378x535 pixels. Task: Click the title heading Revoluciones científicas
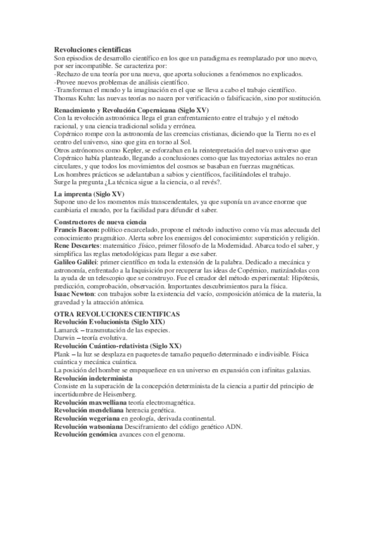pos(93,50)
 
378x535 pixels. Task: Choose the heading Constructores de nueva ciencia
pos(100,222)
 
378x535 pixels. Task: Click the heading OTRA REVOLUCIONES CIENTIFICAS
pos(117,314)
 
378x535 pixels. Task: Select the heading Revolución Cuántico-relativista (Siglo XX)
pos(117,346)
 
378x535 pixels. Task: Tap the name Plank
pos(64,355)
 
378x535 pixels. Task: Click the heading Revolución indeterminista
pos(93,378)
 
